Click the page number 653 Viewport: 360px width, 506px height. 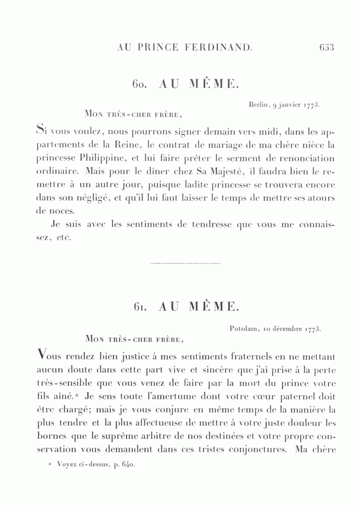[326, 48]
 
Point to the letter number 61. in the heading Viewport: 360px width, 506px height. [141, 307]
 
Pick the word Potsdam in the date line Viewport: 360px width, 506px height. [244, 329]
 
